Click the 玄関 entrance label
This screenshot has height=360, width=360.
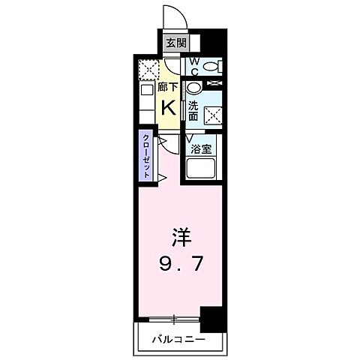click(x=171, y=43)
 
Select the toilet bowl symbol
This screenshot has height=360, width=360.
click(x=213, y=67)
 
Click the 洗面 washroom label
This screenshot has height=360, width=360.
click(x=193, y=110)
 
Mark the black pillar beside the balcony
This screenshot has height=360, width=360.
click(x=216, y=319)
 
